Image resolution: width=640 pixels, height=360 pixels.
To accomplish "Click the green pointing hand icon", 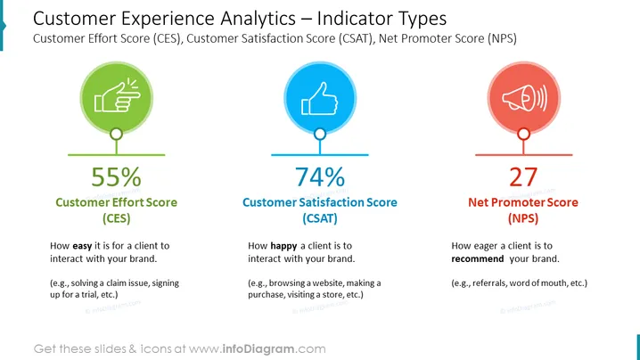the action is coord(117,95).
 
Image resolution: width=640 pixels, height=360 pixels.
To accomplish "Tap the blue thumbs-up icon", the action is coord(320,98).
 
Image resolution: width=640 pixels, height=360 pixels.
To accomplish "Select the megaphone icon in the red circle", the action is coord(524,98).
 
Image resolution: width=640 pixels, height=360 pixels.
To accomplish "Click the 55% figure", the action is coord(117,176).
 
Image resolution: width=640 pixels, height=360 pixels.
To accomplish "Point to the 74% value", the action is coord(320,176).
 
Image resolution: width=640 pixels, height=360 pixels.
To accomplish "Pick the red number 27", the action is coord(523,176).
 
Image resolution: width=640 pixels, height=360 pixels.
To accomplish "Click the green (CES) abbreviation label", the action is coord(117,218).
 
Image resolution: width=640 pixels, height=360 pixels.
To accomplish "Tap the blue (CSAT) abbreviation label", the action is coord(320,218).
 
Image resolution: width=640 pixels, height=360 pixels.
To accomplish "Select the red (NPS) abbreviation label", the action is coord(523,218).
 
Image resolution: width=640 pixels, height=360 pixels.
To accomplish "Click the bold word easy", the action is coord(82,246).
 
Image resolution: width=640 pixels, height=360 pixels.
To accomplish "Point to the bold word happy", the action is coord(283,246).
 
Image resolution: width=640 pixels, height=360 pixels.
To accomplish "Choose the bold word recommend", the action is coord(478,258).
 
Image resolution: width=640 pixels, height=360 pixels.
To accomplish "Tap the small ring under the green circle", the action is coord(117,129).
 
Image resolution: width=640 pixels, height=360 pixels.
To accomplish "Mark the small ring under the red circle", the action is coord(523,129).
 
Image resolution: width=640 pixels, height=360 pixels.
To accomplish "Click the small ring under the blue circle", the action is coord(320,129).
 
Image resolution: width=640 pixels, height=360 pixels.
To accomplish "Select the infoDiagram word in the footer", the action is coord(258,349).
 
